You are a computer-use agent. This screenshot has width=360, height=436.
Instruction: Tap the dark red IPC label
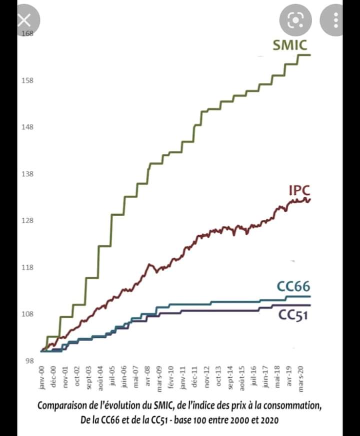coord(299,190)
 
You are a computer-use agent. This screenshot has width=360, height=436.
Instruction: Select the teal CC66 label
coord(293,286)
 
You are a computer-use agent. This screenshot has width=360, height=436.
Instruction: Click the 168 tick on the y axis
coord(26,33)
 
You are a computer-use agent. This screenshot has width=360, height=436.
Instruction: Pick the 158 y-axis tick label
coord(26,80)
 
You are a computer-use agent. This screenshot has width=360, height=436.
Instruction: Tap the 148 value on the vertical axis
coord(26,127)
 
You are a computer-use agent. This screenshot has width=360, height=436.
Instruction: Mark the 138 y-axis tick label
coord(26,174)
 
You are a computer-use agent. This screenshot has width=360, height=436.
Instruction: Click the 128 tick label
coord(26,221)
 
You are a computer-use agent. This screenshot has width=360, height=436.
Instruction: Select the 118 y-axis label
coord(26,267)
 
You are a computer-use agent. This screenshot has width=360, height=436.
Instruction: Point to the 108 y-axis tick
coord(26,314)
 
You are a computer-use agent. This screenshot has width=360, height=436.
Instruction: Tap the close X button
coord(23,20)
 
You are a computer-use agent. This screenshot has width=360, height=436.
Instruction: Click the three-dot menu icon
coord(336,20)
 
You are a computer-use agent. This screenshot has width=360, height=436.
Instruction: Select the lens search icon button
coord(296,20)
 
